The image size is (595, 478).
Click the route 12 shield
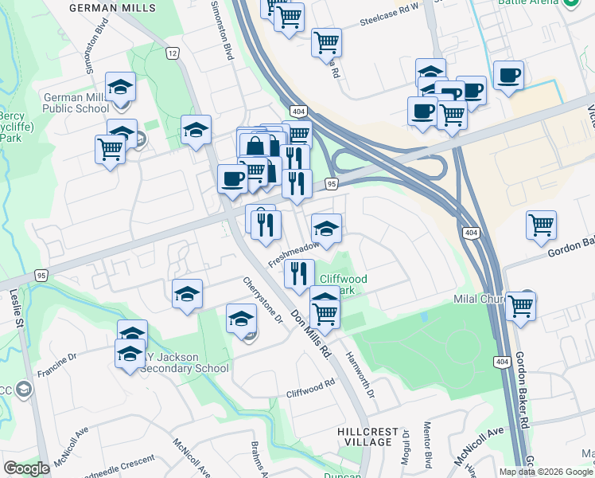point(172,53)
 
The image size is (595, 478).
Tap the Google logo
point(27,468)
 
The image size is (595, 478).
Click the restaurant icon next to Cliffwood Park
point(298,273)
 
